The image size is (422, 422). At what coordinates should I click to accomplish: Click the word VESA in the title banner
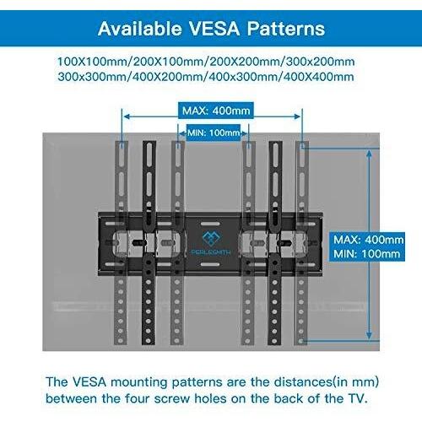(214, 29)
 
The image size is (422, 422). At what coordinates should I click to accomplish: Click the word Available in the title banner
(140, 29)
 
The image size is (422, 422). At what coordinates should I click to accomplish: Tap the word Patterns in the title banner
(286, 29)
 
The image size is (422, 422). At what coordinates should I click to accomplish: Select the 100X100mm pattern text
(92, 62)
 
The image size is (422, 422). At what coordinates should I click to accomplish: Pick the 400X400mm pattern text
(318, 77)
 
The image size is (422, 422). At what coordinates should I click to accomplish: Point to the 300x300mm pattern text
(92, 77)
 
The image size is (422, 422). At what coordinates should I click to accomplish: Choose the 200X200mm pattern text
(245, 62)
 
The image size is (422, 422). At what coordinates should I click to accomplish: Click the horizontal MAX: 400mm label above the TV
(216, 111)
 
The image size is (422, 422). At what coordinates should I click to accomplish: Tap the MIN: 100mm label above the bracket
(214, 133)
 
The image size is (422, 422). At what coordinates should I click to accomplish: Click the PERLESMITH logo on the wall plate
(211, 243)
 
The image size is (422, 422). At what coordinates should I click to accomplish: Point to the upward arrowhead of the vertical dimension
(370, 154)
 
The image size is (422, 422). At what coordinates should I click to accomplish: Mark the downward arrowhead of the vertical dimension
(369, 336)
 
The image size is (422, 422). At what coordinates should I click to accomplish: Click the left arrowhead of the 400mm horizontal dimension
(127, 116)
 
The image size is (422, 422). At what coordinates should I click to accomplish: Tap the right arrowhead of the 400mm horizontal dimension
(297, 116)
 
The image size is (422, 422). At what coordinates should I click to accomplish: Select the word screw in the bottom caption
(172, 398)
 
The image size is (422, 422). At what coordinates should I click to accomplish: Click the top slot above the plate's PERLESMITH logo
(210, 224)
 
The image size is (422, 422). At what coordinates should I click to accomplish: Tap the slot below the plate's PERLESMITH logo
(210, 264)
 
